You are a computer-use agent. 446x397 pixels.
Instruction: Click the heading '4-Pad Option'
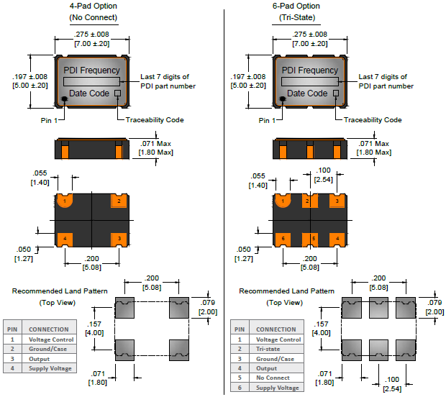[x=93, y=6]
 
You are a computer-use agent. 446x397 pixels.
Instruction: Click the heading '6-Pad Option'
[x=310, y=6]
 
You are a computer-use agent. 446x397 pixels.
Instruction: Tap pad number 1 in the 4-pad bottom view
[x=65, y=202]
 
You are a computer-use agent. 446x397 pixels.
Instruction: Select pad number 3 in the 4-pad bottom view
[x=118, y=238]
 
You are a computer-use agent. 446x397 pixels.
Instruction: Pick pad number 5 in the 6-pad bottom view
[x=314, y=238]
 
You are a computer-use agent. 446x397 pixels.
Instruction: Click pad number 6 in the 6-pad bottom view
[x=283, y=238]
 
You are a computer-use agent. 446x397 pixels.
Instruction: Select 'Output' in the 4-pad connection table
[x=40, y=358]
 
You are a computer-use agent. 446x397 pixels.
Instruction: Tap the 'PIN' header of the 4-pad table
[x=12, y=329]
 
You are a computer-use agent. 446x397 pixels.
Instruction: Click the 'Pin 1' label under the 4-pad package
[x=48, y=119]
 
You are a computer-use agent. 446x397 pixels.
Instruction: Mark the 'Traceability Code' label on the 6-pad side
[x=373, y=120]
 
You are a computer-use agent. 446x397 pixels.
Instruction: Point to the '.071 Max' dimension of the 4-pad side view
[x=155, y=144]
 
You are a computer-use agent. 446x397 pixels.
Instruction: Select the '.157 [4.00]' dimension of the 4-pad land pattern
[x=94, y=328]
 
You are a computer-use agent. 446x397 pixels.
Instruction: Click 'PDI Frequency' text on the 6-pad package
[x=309, y=70]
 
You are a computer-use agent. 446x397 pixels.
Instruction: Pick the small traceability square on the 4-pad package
[x=117, y=93]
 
